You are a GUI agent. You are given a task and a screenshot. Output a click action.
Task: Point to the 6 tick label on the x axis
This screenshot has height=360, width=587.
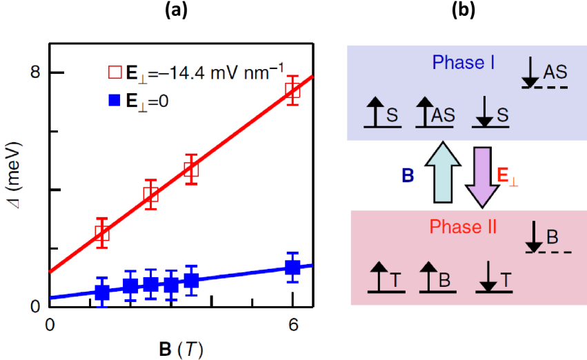[293, 323]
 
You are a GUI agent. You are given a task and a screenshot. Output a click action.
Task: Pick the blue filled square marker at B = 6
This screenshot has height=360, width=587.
[293, 268]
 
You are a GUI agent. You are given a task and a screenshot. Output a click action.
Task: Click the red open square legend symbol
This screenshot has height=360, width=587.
[113, 72]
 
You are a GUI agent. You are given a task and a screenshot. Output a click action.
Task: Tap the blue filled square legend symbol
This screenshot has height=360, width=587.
[113, 100]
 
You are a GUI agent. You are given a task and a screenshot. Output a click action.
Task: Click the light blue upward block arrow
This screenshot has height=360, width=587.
[439, 173]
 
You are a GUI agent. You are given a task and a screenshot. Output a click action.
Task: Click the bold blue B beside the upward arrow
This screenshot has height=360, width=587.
[408, 175]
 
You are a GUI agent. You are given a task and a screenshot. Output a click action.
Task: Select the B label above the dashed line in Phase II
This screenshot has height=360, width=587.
[552, 237]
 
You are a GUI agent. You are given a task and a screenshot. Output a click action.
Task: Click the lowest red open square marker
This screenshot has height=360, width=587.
[102, 233]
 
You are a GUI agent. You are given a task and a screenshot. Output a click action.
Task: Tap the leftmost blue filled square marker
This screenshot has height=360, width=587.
[102, 292]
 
